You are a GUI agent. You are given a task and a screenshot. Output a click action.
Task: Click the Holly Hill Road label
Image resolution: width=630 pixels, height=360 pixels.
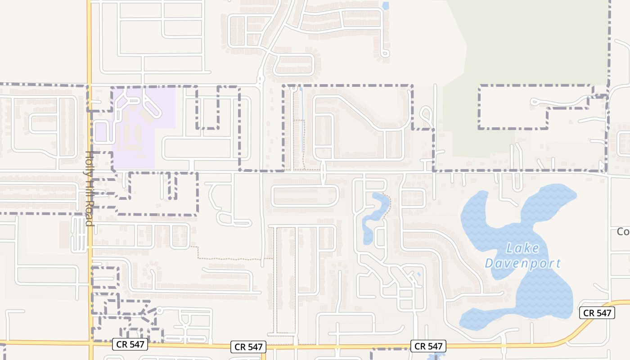tap(89, 188)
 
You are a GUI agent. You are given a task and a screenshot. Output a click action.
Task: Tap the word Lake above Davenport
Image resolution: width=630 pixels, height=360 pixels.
tap(522, 248)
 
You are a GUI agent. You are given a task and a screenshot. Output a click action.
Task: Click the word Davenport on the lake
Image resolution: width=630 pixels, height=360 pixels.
tap(523, 263)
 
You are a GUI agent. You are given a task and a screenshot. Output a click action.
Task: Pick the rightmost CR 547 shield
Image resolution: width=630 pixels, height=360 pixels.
tap(597, 313)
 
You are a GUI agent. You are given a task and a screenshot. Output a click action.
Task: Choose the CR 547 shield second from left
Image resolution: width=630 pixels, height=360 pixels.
tap(248, 347)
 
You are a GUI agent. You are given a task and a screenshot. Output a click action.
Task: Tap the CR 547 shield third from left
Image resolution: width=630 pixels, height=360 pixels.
tap(428, 346)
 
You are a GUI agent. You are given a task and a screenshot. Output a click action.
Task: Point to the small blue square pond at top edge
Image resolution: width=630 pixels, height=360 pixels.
tap(385, 6)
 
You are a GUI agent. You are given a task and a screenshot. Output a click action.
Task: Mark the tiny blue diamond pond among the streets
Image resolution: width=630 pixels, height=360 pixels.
tap(418, 274)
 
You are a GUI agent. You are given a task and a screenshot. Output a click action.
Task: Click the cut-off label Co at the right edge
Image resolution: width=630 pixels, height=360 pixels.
tap(623, 231)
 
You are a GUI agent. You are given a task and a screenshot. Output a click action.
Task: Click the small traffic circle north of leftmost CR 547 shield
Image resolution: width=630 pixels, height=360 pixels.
tap(159, 310)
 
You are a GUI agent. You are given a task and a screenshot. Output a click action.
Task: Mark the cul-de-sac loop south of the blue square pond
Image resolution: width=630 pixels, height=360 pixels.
tap(385, 54)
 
